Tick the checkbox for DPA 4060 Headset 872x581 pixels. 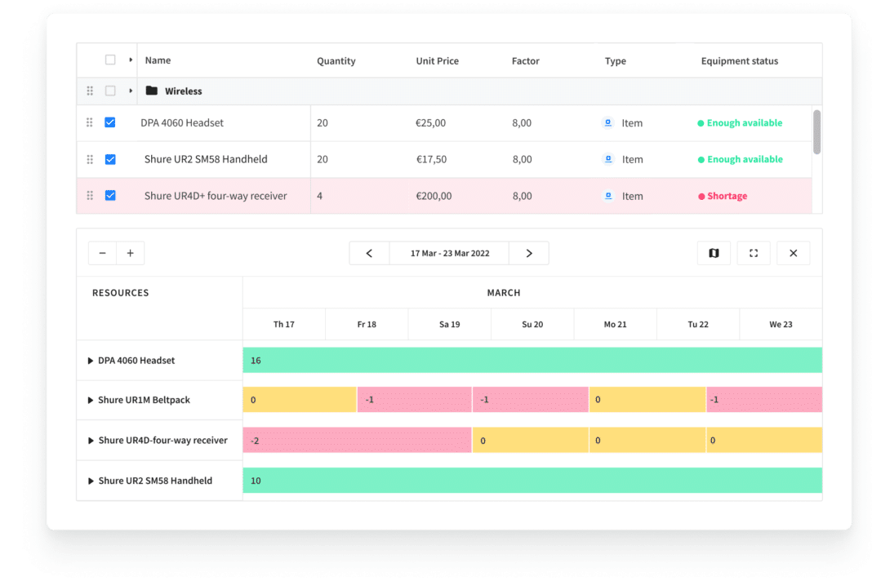(110, 122)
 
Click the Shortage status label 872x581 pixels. (726, 196)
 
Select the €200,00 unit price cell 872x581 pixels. (434, 196)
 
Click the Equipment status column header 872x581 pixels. (739, 61)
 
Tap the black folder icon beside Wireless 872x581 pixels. (151, 91)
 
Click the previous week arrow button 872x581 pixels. (369, 253)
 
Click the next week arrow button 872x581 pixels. (529, 253)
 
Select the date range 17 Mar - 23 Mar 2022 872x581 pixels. (450, 253)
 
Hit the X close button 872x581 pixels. (793, 253)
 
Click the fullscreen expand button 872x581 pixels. (754, 253)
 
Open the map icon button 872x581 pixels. (714, 253)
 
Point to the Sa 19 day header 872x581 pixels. (449, 324)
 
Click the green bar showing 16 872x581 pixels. (532, 360)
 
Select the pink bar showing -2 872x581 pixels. (357, 440)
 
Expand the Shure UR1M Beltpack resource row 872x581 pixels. (91, 401)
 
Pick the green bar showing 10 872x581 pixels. (532, 481)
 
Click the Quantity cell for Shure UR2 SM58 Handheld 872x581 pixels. (323, 159)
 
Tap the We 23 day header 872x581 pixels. (781, 324)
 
